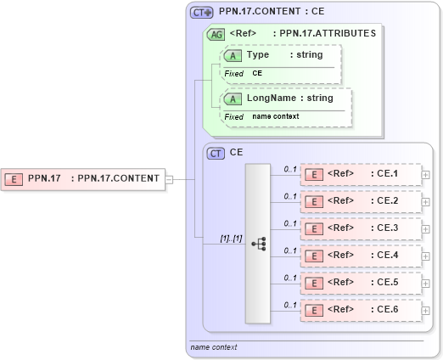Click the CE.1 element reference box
click(x=361, y=175)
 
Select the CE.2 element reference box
click(x=361, y=202)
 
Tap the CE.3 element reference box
click(x=361, y=228)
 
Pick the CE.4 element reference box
click(x=361, y=256)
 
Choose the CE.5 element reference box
click(x=361, y=283)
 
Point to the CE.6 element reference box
click(x=361, y=310)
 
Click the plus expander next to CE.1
click(x=425, y=175)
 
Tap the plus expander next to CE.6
click(x=425, y=310)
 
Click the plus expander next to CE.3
click(x=425, y=228)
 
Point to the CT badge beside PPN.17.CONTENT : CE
click(x=201, y=13)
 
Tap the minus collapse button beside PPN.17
click(x=169, y=179)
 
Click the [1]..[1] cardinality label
click(x=231, y=238)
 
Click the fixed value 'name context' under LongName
click(x=275, y=116)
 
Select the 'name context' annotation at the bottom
click(x=213, y=347)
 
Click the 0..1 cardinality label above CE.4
click(x=289, y=250)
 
